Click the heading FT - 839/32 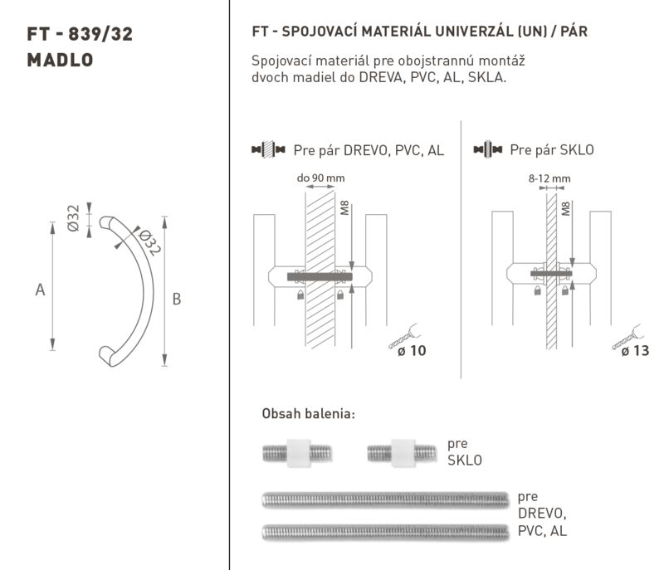click(x=80, y=34)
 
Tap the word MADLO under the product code click(x=60, y=60)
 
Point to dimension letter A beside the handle click(x=40, y=290)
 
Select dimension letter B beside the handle click(x=177, y=300)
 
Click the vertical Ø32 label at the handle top click(x=73, y=218)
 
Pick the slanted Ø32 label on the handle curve click(x=150, y=242)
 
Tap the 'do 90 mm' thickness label click(x=320, y=178)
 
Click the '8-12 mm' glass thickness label click(x=549, y=178)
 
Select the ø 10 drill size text click(x=412, y=351)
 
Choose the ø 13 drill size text click(x=635, y=351)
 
